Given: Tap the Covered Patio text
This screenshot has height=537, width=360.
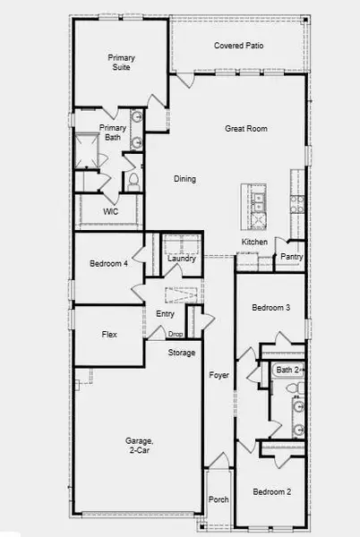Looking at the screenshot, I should pos(237,46).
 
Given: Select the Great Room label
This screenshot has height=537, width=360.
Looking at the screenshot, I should pos(246,129).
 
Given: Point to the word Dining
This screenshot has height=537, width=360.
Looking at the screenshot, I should pos(184,179).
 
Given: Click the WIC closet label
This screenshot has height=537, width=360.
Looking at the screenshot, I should pos(111,212).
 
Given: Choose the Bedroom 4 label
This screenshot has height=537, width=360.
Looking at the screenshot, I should pos(108,263).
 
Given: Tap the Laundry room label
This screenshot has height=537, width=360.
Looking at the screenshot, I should pos(182,260).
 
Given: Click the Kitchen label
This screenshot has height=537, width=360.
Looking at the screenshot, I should pos(255,243).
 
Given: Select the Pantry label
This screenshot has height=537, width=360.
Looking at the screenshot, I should pos(292,257).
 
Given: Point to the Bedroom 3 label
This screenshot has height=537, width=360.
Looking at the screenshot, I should pos(270,308).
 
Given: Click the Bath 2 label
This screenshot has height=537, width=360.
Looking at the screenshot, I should pos(288,370).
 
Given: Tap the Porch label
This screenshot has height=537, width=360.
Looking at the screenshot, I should pos(218,499).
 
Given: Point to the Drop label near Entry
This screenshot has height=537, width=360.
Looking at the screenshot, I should pos(176,335).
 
